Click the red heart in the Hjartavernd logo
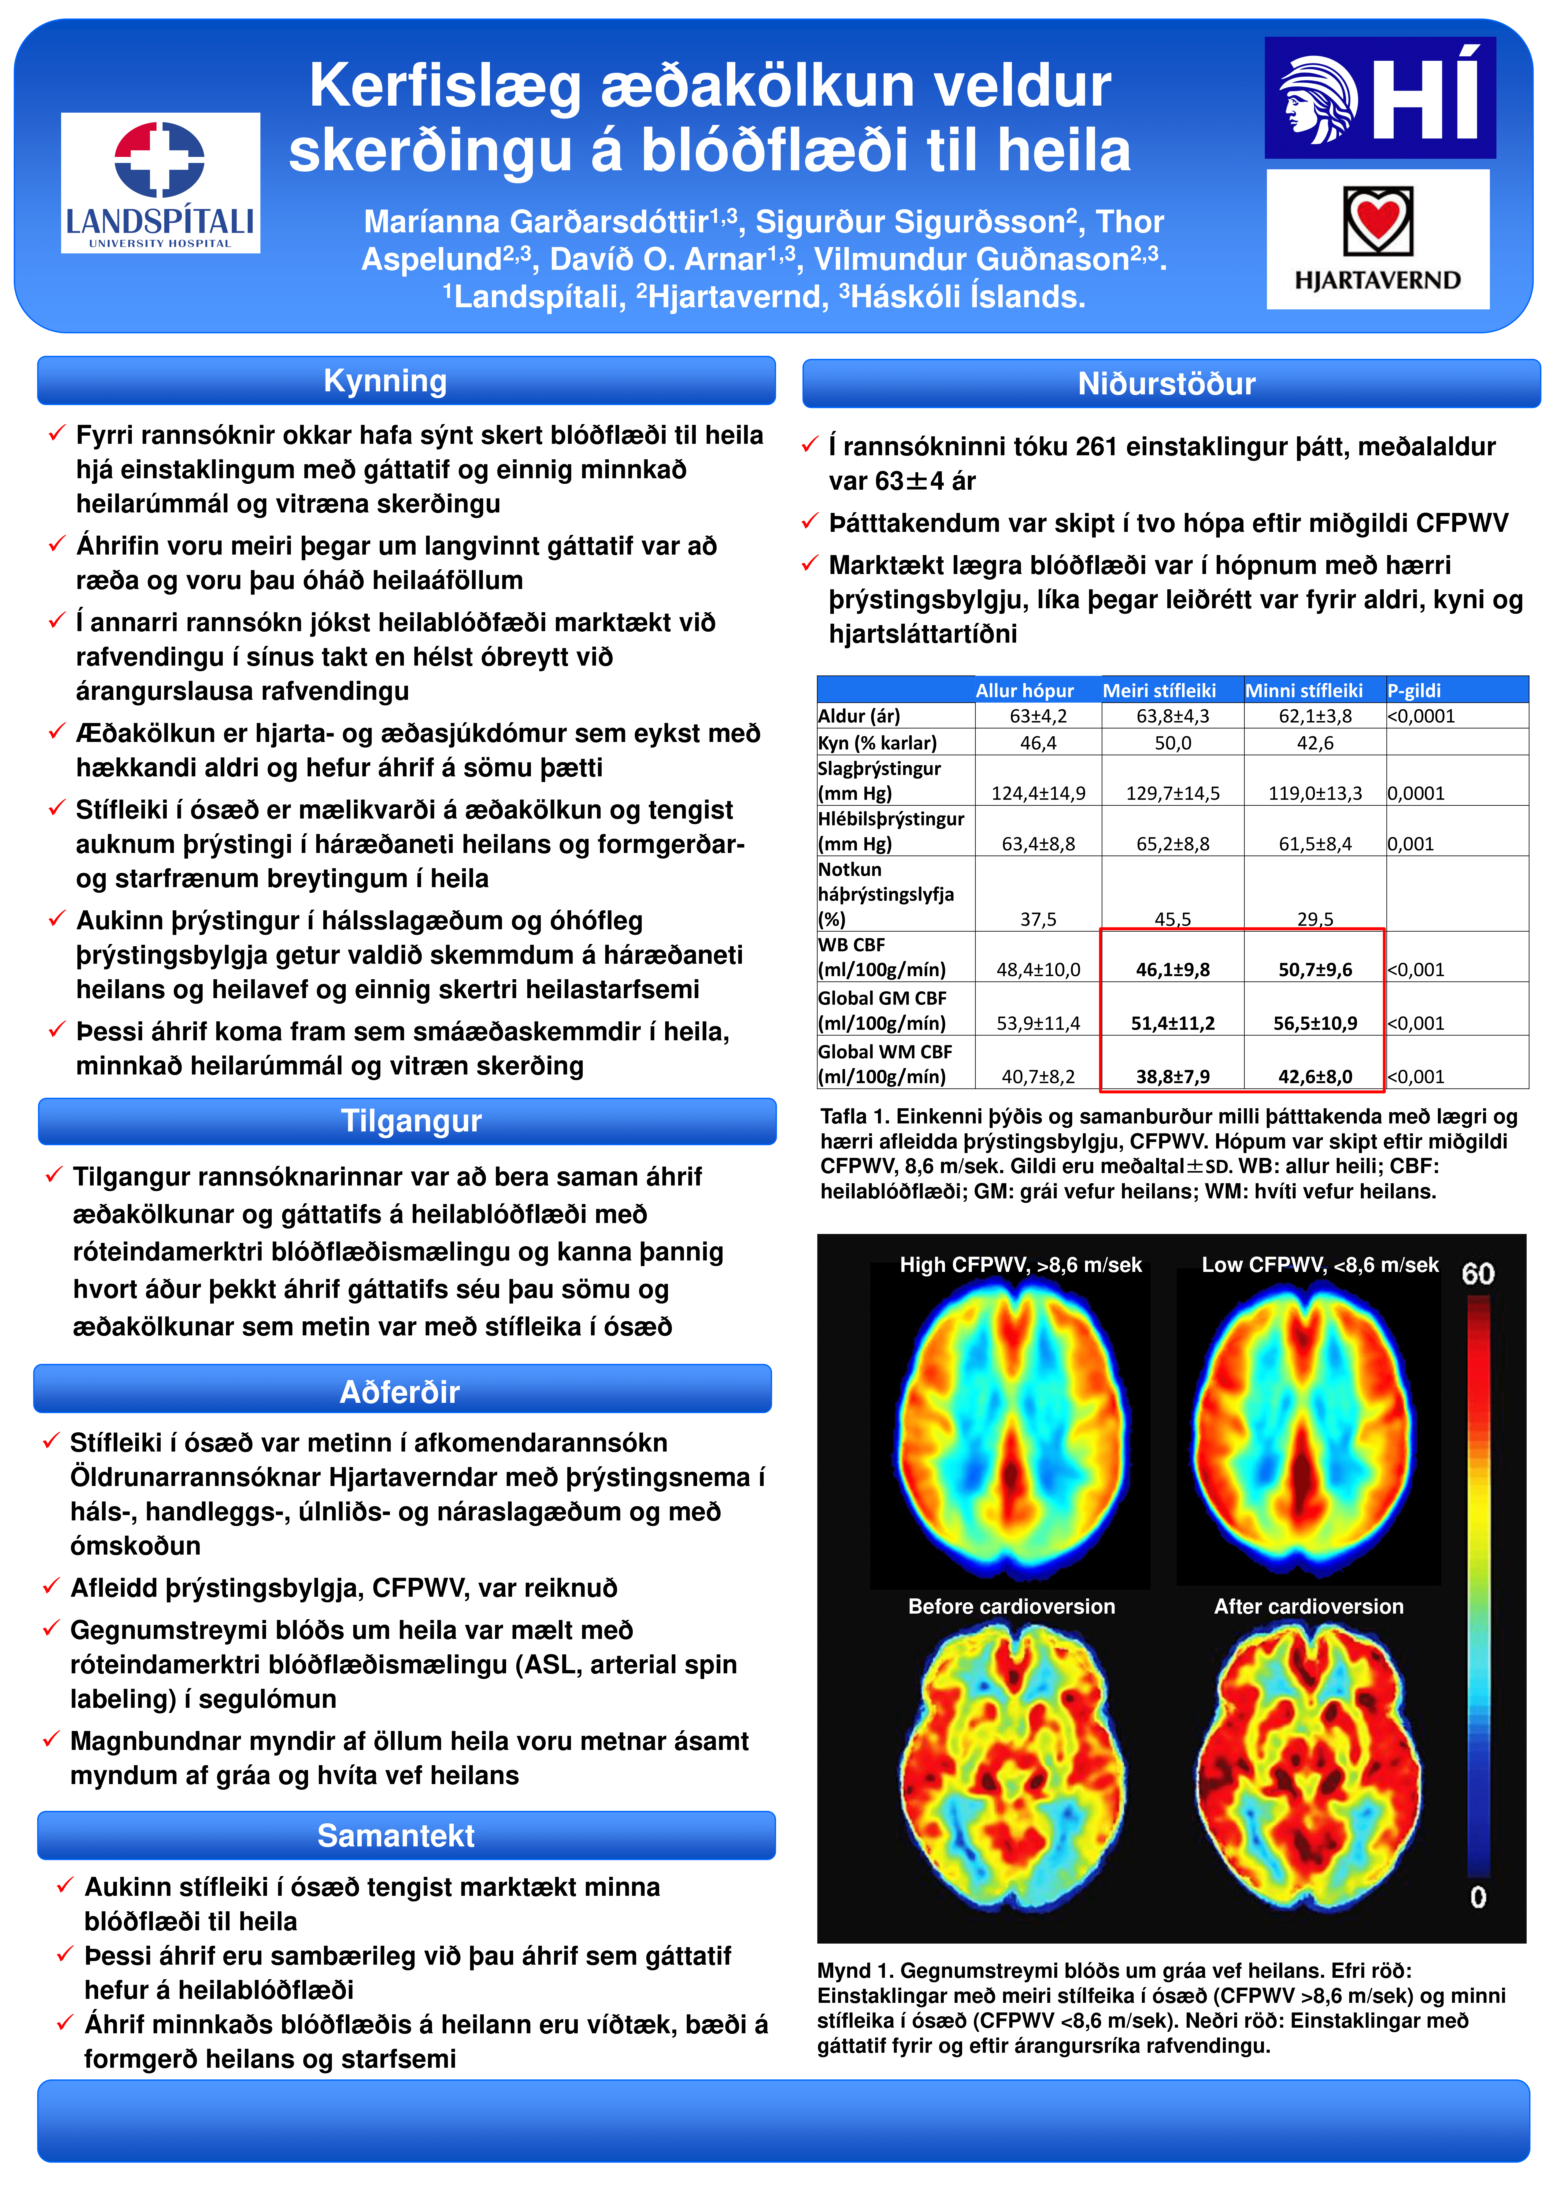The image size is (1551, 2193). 1378,219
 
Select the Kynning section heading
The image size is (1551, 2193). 385,380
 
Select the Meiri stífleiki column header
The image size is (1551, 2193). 1159,690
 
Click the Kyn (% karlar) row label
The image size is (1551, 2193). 878,742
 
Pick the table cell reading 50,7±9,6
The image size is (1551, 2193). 1315,970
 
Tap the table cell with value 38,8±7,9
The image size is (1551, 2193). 1173,1076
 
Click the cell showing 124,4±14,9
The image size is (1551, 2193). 1038,793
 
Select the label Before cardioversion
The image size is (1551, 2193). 1011,1607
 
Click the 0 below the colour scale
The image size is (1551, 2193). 1477,1897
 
